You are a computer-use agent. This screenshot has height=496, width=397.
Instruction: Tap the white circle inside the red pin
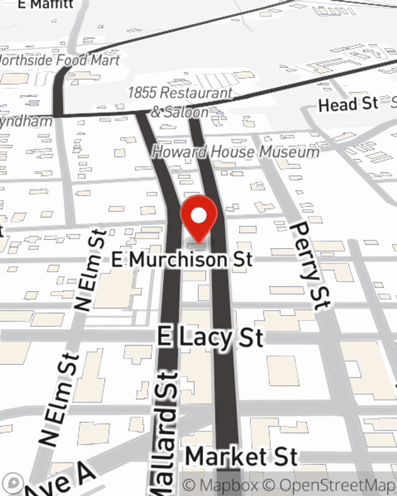[x=198, y=215]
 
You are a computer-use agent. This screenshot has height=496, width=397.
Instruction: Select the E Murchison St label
[x=182, y=260]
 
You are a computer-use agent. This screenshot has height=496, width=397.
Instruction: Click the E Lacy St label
[x=210, y=338]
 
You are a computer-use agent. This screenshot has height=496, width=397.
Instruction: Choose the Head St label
[x=348, y=104]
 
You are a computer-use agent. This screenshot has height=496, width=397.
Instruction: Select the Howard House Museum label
[x=236, y=152]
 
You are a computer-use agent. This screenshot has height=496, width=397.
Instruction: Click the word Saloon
[x=186, y=112]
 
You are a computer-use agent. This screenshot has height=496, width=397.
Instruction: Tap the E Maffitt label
[x=46, y=4]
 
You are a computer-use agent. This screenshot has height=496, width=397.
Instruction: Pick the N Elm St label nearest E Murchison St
[x=91, y=270]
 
